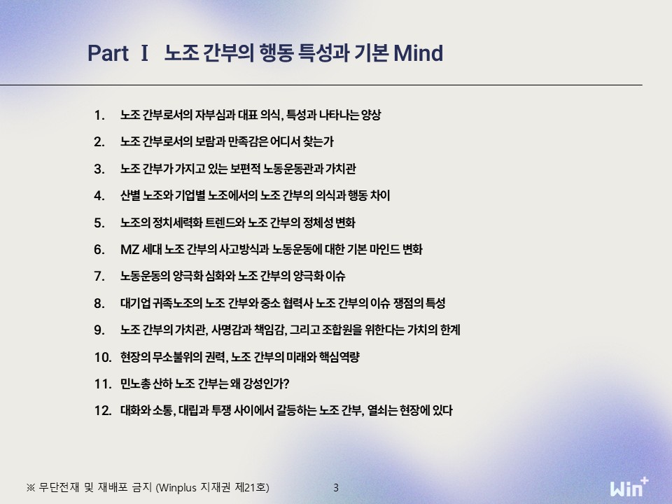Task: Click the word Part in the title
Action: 108,53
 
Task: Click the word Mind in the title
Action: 419,53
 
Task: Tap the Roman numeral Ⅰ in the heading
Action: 144,53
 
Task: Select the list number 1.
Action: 99,115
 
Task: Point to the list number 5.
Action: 99,223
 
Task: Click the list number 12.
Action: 103,411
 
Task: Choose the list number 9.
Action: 99,330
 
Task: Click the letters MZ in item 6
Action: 130,249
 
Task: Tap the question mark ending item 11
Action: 287,384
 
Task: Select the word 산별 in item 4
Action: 130,196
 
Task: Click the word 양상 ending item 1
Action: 371,115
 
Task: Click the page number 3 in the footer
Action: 336,488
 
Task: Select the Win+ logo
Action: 629,487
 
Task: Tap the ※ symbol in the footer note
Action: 30,488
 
